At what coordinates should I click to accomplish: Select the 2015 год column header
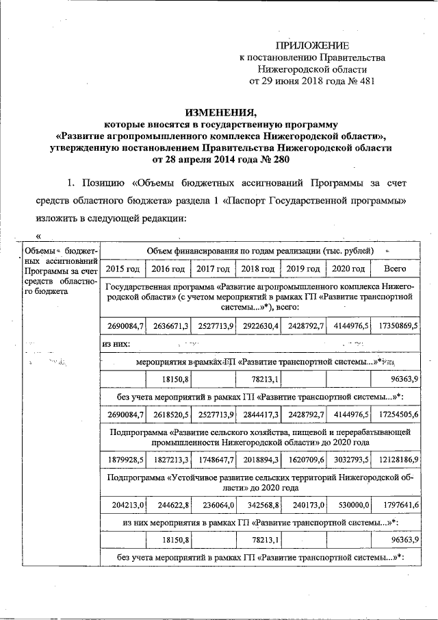tap(123, 269)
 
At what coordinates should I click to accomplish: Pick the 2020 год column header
tap(348, 269)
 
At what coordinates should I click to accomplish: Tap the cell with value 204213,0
tap(125, 504)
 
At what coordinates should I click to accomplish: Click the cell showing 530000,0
tap(350, 504)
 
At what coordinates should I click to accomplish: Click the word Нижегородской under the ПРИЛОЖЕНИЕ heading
tap(291, 69)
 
